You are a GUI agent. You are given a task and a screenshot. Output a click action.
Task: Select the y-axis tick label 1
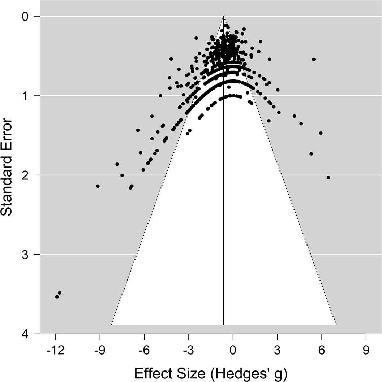[26, 96]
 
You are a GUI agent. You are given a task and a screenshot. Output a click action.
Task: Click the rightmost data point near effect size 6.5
[328, 178]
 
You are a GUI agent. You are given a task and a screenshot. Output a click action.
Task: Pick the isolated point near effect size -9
[98, 186]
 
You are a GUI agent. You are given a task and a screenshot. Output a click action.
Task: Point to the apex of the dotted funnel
[224, 17]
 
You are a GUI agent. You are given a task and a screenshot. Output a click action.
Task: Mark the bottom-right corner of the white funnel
[336, 325]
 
